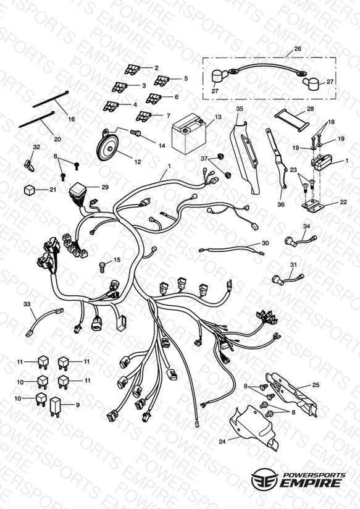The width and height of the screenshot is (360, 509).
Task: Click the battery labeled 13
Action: pyautogui.click(x=188, y=133)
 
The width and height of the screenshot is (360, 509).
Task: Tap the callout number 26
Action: pyautogui.click(x=298, y=49)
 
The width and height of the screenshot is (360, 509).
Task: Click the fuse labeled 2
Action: pyautogui.click(x=132, y=69)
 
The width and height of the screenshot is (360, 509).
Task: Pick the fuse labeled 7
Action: pyautogui.click(x=143, y=116)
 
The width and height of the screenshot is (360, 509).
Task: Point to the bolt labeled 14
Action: pyautogui.click(x=135, y=132)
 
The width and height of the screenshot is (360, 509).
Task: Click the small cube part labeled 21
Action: pyautogui.click(x=29, y=190)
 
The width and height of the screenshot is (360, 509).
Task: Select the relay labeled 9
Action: pyautogui.click(x=56, y=406)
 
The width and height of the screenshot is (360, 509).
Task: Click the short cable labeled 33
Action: pyautogui.click(x=44, y=321)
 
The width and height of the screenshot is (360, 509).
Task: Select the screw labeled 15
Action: pyautogui.click(x=102, y=267)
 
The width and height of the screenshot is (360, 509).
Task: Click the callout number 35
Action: pyautogui.click(x=239, y=109)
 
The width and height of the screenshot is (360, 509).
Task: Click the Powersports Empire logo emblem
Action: pyautogui.click(x=264, y=479)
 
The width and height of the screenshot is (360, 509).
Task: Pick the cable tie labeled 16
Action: pyautogui.click(x=50, y=99)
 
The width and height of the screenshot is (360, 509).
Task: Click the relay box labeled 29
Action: pyautogui.click(x=77, y=191)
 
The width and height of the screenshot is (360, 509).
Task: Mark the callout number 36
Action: pyautogui.click(x=281, y=204)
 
